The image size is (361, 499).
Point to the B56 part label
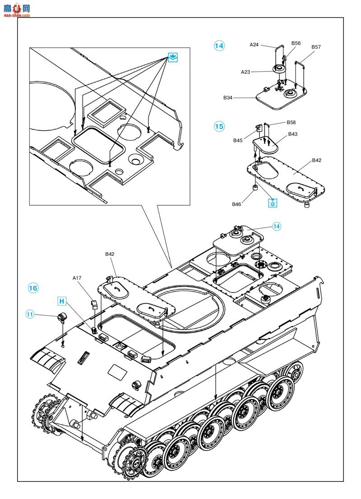pyautogui.click(x=296, y=43)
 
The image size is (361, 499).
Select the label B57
pyautogui.click(x=316, y=47)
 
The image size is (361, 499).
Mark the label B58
pyautogui.click(x=291, y=122)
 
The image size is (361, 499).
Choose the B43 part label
pyautogui.click(x=293, y=134)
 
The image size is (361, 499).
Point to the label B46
pyautogui.click(x=237, y=204)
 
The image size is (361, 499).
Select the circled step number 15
pyautogui.click(x=219, y=127)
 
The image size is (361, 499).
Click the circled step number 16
pyautogui.click(x=33, y=288)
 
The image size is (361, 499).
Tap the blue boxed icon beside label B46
pyautogui.click(x=273, y=202)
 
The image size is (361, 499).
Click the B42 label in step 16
pyautogui.click(x=110, y=254)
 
